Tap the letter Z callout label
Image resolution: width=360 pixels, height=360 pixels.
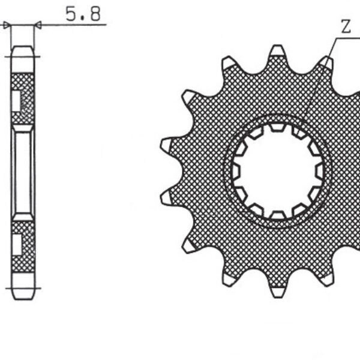click(346, 26)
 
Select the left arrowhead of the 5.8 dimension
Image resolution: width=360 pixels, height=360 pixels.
click(7, 25)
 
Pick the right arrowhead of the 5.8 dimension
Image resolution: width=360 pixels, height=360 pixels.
click(38, 25)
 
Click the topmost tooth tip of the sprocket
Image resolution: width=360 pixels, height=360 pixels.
click(277, 50)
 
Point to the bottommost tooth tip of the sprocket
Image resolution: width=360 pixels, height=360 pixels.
click(277, 292)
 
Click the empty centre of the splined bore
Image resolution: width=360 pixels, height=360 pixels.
click(277, 171)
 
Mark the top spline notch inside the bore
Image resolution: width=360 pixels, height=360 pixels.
click(277, 127)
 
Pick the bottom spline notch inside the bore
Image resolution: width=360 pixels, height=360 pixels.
click(277, 215)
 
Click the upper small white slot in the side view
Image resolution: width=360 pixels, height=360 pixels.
click(16, 101)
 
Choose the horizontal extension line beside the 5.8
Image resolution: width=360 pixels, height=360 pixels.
click(72, 25)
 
